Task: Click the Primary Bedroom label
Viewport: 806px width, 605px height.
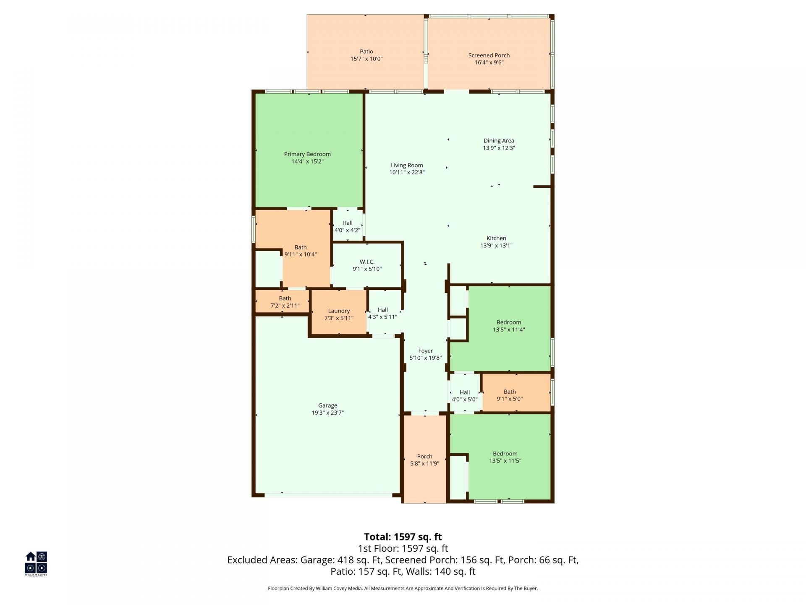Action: (307, 154)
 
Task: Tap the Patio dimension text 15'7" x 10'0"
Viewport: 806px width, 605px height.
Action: (366, 59)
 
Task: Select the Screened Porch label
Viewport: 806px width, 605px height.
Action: (489, 55)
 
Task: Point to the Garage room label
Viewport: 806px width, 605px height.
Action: (327, 405)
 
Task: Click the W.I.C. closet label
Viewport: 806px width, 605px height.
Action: (367, 262)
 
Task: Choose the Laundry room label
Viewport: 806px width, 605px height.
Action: (339, 311)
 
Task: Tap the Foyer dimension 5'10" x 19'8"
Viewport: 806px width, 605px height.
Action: (425, 358)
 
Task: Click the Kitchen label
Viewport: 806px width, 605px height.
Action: (496, 238)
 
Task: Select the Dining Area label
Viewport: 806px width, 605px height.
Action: (499, 141)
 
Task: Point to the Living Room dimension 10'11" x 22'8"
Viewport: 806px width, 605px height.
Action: (407, 172)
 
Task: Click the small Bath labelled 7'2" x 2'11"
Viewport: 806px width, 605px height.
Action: (285, 302)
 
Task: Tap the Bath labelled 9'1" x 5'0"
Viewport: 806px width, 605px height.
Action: (510, 395)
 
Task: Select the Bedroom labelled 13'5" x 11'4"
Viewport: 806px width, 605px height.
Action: (509, 326)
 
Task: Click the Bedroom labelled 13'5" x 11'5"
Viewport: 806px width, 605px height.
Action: (505, 457)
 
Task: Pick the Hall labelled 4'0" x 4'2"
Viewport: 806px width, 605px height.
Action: (347, 226)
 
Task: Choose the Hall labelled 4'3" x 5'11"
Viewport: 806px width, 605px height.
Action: (382, 313)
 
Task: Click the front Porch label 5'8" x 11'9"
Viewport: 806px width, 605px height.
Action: (424, 460)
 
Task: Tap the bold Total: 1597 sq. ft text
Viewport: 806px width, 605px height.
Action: (403, 537)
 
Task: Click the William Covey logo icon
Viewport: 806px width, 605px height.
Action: (36, 563)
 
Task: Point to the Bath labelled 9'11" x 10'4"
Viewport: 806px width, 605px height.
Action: (301, 251)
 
